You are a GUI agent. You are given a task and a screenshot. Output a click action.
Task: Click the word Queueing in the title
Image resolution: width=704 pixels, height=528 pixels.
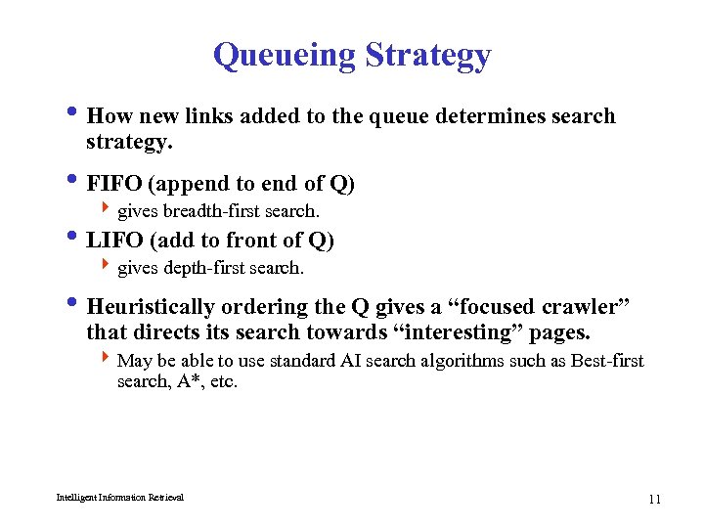pos(285,55)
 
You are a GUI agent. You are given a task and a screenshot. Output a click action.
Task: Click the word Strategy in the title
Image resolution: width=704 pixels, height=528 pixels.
pos(428,57)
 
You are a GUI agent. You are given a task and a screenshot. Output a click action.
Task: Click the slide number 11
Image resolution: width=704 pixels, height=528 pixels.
pos(654,500)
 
